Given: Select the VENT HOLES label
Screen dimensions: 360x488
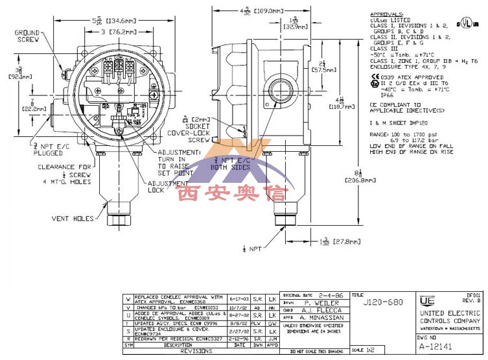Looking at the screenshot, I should point(73,219).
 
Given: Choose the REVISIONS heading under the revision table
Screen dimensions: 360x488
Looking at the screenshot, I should point(196,350).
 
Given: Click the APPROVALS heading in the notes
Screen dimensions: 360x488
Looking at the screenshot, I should point(386,14).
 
